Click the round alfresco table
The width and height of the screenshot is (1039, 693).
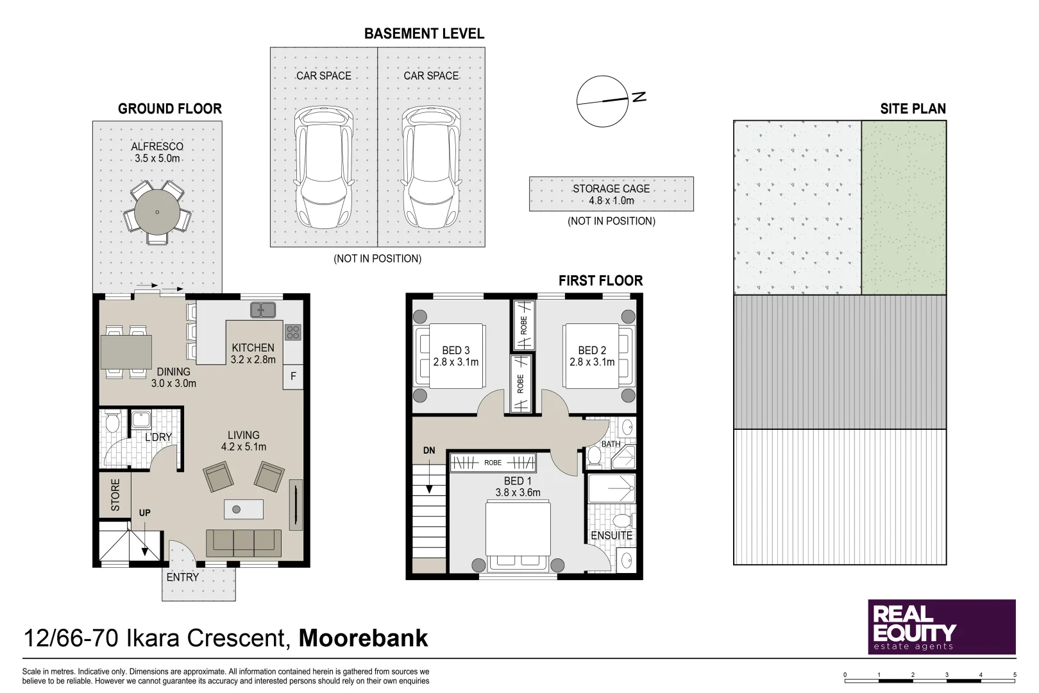coord(157,212)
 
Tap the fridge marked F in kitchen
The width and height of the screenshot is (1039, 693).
coord(293,377)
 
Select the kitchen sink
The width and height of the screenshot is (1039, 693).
coord(263,310)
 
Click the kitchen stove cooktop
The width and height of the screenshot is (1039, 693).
coord(293,332)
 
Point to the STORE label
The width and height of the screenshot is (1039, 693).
coord(115,495)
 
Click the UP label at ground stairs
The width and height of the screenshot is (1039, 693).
coord(145,513)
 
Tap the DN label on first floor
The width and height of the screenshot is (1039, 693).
coord(429,450)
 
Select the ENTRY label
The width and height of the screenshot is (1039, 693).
coord(183,577)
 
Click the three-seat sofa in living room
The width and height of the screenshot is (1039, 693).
coord(244,543)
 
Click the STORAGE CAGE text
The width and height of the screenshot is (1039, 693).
coord(611,189)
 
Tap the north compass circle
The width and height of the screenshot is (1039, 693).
coord(602,101)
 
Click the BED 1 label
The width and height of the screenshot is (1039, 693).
coord(518,481)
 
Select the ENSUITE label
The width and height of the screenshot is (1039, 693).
coord(611,535)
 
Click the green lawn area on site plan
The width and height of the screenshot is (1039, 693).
coord(904,207)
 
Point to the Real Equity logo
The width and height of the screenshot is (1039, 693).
coord(941,627)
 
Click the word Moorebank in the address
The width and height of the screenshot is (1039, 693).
coord(363,638)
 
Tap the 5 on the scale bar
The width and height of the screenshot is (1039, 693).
coord(1015,674)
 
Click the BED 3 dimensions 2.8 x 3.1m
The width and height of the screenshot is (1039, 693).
coord(455,362)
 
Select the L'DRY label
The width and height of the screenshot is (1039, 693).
coord(158,437)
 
